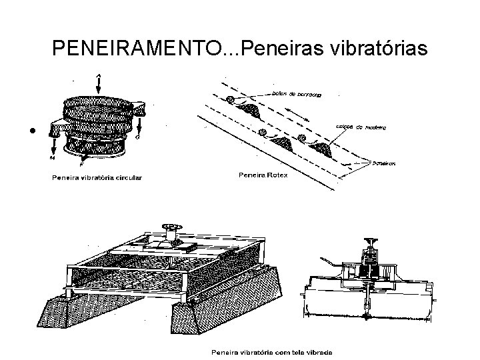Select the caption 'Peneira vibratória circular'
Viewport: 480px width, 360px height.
tap(98, 177)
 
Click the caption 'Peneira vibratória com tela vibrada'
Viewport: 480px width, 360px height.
tap(271, 353)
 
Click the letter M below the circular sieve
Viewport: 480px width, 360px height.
tap(52, 157)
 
